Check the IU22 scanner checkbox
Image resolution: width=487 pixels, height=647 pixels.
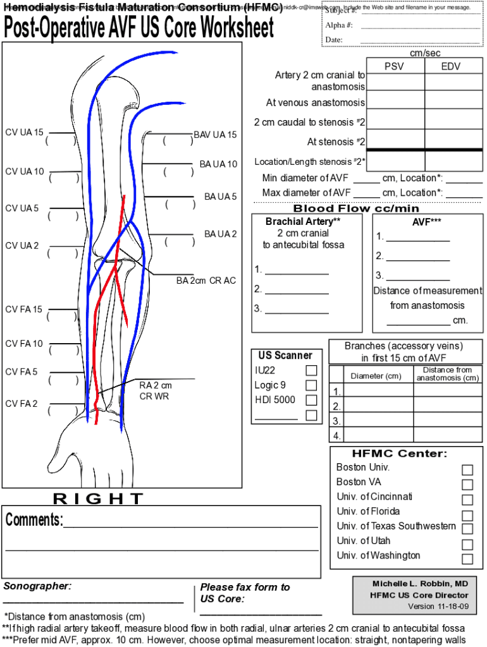[311, 370]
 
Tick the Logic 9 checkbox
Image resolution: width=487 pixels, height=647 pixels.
[311, 385]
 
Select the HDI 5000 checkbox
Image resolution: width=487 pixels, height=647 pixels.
[311, 400]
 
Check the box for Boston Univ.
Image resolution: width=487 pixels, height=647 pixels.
[467, 469]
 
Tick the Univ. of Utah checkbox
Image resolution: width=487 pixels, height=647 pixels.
[467, 544]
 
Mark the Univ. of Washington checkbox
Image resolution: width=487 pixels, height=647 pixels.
[467, 559]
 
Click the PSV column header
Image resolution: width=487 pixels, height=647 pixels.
[394, 66]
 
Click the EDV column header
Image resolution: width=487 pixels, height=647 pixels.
[451, 66]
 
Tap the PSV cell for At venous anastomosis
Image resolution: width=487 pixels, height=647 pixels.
[395, 101]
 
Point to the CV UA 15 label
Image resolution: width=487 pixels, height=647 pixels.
[24, 133]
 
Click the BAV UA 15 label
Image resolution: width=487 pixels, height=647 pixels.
[215, 135]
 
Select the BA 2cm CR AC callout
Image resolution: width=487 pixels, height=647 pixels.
[206, 280]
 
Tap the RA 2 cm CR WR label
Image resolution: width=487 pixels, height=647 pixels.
[156, 390]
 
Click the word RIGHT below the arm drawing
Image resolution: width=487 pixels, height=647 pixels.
[98, 499]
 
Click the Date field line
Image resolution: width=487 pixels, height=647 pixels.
[419, 40]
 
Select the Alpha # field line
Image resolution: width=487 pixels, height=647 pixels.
[419, 25]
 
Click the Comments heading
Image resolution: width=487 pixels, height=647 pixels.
[34, 520]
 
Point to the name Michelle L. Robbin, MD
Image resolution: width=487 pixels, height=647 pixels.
[420, 583]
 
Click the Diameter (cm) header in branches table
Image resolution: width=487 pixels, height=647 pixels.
[376, 376]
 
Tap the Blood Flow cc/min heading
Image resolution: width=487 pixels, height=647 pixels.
[356, 209]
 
